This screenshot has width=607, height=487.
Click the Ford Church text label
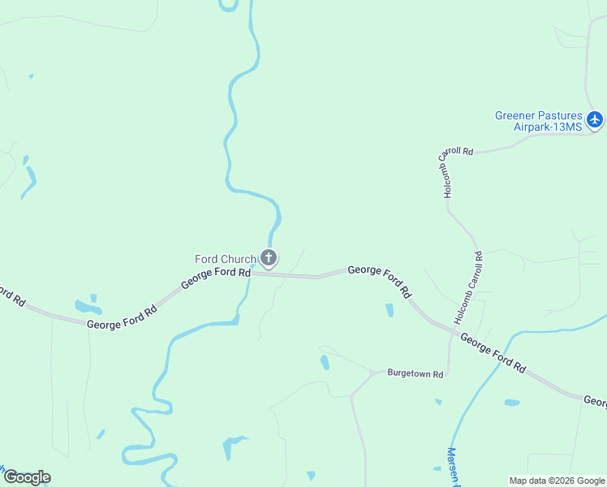pyautogui.click(x=226, y=259)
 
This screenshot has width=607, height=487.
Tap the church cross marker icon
pyautogui.click(x=269, y=258)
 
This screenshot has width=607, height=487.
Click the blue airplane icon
pyautogui.click(x=596, y=120)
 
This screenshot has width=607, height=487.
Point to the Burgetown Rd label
pyautogui.click(x=415, y=374)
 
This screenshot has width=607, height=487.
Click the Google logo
pyautogui.click(x=27, y=477)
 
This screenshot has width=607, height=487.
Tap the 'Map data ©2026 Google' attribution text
pyautogui.click(x=557, y=481)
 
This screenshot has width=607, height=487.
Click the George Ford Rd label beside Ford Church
pyautogui.click(x=215, y=278)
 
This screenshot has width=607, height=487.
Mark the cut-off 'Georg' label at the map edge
pyautogui.click(x=595, y=401)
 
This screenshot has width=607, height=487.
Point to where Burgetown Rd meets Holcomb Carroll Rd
pyautogui.click(x=449, y=374)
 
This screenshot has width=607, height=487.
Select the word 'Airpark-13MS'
pyautogui.click(x=549, y=127)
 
